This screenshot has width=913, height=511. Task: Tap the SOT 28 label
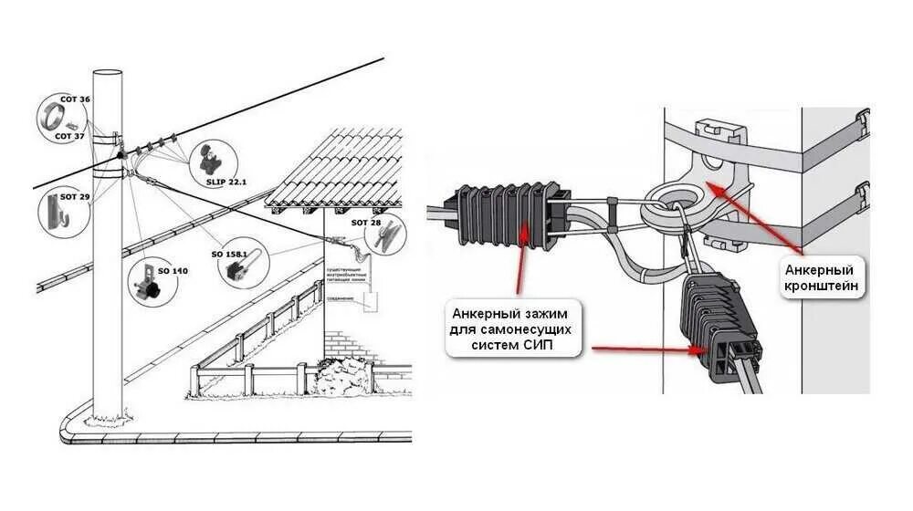(364, 223)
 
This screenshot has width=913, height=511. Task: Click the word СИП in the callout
(539, 344)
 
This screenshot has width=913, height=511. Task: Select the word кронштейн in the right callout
(820, 286)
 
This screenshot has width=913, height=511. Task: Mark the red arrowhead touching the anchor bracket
(713, 184)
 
